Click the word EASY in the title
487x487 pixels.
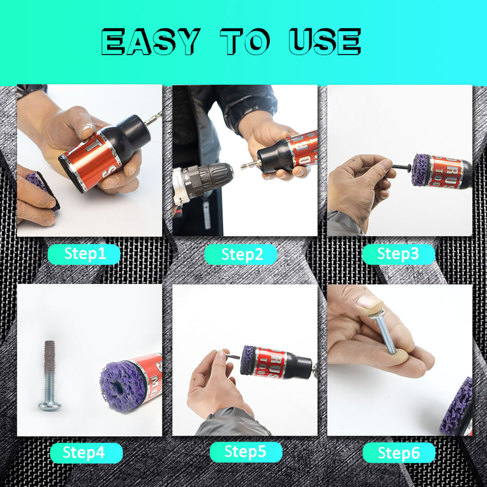click(x=150, y=41)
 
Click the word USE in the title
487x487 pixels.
click(x=325, y=41)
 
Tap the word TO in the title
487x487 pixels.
click(x=245, y=41)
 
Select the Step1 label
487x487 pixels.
click(x=84, y=254)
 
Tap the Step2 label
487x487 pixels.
click(x=241, y=254)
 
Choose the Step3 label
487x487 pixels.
click(x=398, y=254)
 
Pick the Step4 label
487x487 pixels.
click(x=84, y=453)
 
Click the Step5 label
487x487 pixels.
click(x=245, y=452)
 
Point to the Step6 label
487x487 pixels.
click(x=399, y=453)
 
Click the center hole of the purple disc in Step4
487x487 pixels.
click(x=117, y=388)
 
